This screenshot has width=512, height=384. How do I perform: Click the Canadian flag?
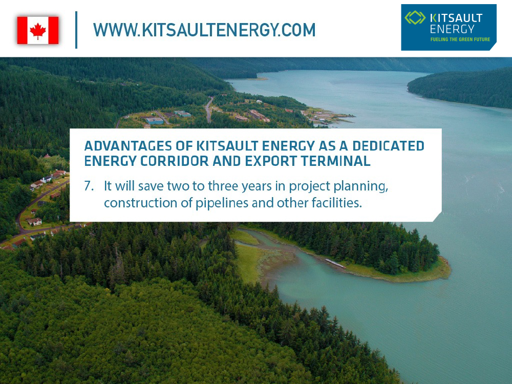click(x=38, y=30)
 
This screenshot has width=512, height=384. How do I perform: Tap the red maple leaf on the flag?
click(x=38, y=31)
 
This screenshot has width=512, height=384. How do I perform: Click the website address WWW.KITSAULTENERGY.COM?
click(x=204, y=30)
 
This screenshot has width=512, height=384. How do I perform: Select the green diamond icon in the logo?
click(x=415, y=17)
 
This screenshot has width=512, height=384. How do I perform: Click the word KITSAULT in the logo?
click(x=456, y=18)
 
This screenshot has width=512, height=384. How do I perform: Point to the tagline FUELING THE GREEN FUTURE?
click(x=460, y=39)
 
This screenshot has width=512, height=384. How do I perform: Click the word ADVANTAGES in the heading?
click(x=129, y=146)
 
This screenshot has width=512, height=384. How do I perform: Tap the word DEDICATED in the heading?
click(x=388, y=146)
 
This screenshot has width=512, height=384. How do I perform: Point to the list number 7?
click(x=89, y=186)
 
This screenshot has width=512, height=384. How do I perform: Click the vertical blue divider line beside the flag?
click(x=76, y=30)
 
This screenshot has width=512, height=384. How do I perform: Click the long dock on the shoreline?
click(x=335, y=264)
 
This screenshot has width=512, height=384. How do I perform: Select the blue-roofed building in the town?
click(x=155, y=121)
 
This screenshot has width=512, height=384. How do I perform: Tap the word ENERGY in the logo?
click(x=452, y=29)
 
